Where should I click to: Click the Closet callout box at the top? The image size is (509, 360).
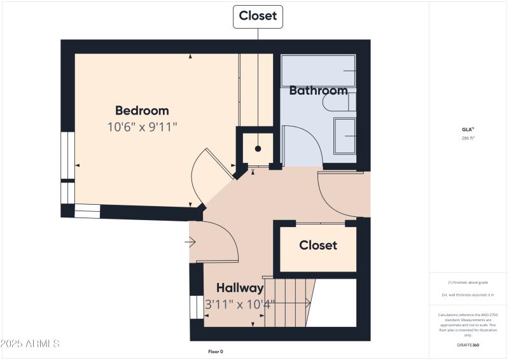coord(258,17)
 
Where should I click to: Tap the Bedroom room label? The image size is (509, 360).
coord(142,111)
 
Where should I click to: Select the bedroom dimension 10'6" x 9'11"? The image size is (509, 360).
coord(142,127)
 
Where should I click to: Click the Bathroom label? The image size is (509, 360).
coord(318,90)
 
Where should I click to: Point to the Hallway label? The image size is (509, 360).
coord(239,288)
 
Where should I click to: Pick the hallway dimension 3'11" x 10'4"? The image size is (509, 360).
coord(240,304)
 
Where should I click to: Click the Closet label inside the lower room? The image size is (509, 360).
coord(318,246)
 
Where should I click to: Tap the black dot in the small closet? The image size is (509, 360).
coord(258,149)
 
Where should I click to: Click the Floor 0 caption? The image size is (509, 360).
coord(216,352)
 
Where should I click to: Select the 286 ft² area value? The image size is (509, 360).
coord(468,138)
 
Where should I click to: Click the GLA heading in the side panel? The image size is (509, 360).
coord(468,129)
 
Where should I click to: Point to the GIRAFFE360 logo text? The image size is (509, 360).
coord(468,345)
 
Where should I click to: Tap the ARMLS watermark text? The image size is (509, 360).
coord(30,344)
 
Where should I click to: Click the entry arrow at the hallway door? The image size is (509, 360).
coord(190,242)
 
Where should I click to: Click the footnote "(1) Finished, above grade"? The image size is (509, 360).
coord(468,282)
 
